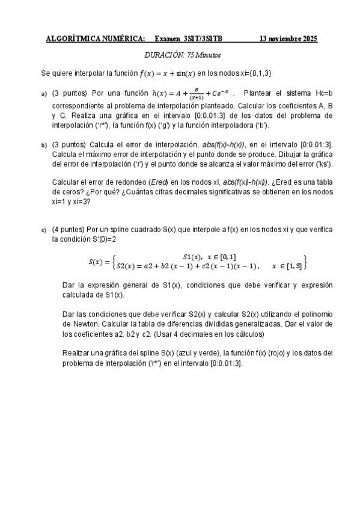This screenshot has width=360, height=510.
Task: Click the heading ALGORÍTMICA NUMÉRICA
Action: pyautogui.click(x=96, y=39)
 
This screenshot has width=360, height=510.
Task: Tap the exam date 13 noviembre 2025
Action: pyautogui.click(x=288, y=39)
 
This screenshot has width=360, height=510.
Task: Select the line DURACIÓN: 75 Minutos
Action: pyautogui.click(x=183, y=55)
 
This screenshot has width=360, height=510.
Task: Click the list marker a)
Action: pyautogui.click(x=44, y=94)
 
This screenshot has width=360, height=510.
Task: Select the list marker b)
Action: pyautogui.click(x=44, y=145)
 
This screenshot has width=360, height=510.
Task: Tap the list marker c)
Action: pyautogui.click(x=44, y=230)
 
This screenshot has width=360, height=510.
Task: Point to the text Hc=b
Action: pyautogui.click(x=323, y=93)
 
